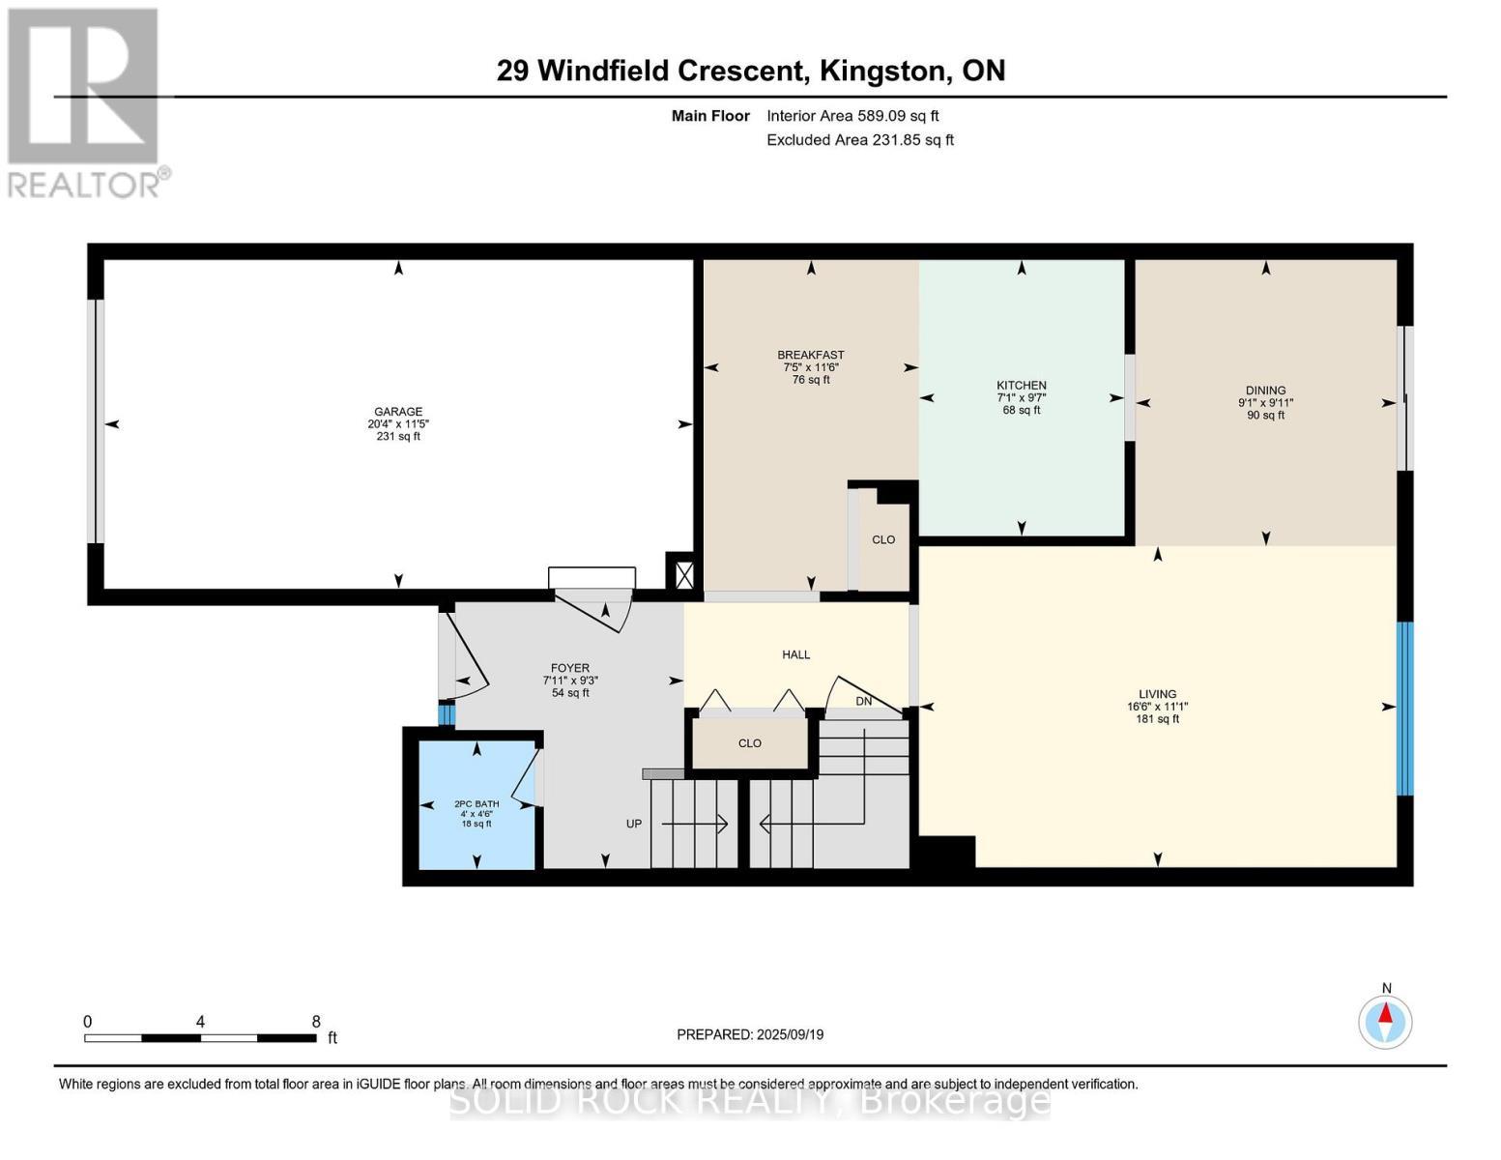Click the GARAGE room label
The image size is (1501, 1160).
398,412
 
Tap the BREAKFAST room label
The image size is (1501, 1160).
810,355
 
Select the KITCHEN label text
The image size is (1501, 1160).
1022,386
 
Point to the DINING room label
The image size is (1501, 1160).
1265,391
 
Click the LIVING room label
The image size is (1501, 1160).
1157,694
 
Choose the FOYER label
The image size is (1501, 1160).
570,668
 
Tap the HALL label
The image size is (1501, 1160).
795,654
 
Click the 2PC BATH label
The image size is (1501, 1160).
476,803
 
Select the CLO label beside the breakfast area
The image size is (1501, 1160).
883,539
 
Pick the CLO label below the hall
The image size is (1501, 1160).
750,743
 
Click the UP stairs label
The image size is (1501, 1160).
634,824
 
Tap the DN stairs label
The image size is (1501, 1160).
864,701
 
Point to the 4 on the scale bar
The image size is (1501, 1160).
200,1022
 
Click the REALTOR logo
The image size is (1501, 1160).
85,101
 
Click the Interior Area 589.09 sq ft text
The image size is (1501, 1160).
852,116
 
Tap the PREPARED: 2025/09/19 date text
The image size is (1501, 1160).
750,1034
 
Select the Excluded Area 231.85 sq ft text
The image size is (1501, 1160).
859,140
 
